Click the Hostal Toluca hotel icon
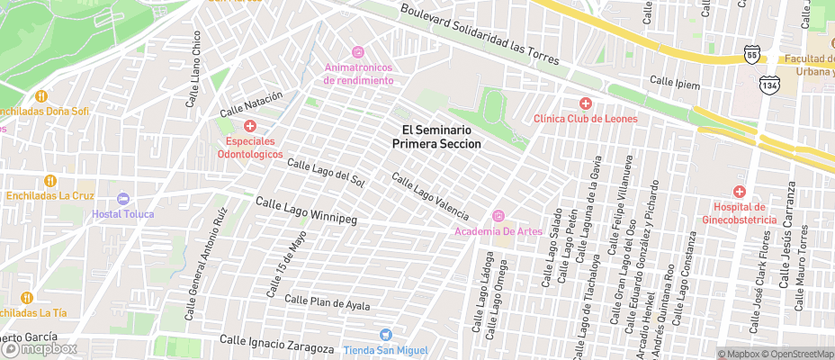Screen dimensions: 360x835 (123, 198)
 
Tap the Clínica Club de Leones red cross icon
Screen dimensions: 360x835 (585, 103)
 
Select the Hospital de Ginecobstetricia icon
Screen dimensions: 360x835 (740, 192)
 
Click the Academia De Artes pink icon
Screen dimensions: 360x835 (498, 216)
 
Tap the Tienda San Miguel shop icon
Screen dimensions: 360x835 (386, 335)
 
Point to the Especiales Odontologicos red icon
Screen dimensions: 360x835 (250, 127)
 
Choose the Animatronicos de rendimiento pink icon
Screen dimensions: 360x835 (358, 52)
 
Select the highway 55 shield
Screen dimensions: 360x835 (751, 55)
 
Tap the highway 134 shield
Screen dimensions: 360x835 (768, 85)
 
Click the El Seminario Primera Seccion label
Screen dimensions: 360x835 (442, 137)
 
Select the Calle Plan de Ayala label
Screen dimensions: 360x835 (327, 302)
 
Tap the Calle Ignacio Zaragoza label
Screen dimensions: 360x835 (277, 343)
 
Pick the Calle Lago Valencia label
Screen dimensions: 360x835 (429, 196)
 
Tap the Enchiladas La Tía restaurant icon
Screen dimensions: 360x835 (26, 297)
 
